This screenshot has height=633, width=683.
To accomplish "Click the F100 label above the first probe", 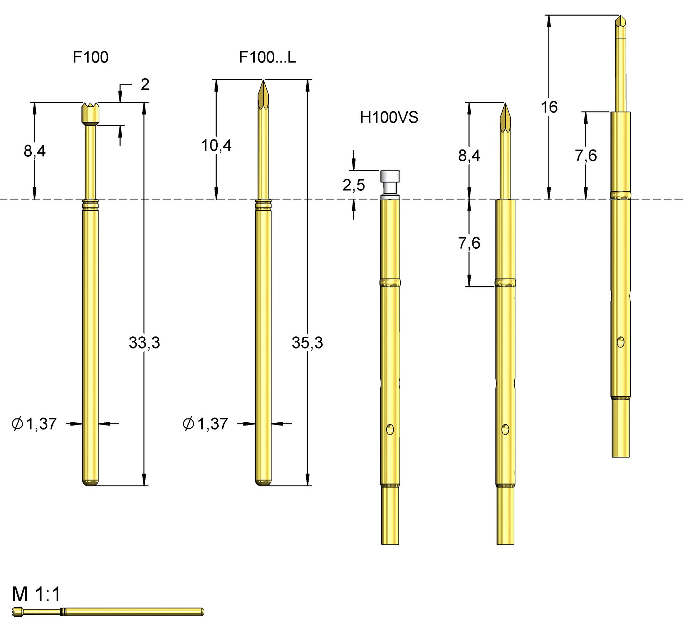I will click(x=90, y=57).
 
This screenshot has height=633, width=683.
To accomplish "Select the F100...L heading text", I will click(x=267, y=57).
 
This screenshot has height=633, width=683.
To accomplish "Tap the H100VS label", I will click(x=389, y=118).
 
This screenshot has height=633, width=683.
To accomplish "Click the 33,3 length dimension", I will click(x=144, y=343).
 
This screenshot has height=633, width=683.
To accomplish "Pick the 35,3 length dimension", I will click(x=307, y=343).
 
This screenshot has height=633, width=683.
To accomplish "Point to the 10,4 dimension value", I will click(x=216, y=146).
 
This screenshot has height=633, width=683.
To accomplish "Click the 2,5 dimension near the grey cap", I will click(x=354, y=185).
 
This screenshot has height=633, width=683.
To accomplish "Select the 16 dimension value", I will click(x=549, y=107).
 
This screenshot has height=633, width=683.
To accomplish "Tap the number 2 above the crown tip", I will click(x=145, y=85).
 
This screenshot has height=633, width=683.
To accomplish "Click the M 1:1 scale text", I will click(x=36, y=594).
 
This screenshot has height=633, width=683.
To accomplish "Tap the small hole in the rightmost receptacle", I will click(x=620, y=342).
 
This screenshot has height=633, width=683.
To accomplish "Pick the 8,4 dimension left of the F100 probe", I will click(x=35, y=151).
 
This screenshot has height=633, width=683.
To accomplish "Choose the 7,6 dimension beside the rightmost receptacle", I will click(x=586, y=156).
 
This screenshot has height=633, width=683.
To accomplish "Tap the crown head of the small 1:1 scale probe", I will click(x=17, y=612).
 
